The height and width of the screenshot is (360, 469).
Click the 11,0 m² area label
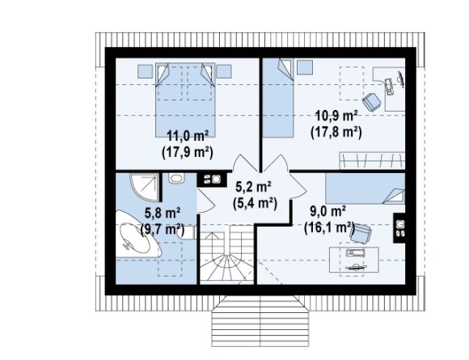(188, 136)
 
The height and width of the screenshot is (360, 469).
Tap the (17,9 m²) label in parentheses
(188, 152)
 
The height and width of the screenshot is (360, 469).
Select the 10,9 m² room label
(336, 116)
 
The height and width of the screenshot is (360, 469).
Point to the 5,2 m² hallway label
(253, 187)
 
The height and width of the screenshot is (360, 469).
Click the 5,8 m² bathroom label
(163, 213)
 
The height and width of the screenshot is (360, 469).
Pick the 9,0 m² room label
(327, 212)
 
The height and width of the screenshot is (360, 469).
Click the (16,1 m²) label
(329, 228)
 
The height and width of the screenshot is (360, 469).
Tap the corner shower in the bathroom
(144, 187)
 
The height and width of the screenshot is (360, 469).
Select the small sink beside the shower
(176, 178)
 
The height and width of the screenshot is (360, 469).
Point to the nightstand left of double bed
(145, 71)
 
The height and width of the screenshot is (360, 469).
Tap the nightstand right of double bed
(224, 71)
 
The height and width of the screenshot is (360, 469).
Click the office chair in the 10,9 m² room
(372, 102)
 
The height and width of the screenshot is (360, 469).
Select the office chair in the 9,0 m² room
(361, 234)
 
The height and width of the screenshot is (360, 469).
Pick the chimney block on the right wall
(399, 228)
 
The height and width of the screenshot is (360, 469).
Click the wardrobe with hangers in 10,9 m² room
(372, 161)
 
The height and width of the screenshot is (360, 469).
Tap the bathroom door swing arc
(206, 201)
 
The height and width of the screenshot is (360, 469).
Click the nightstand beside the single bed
(305, 67)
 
